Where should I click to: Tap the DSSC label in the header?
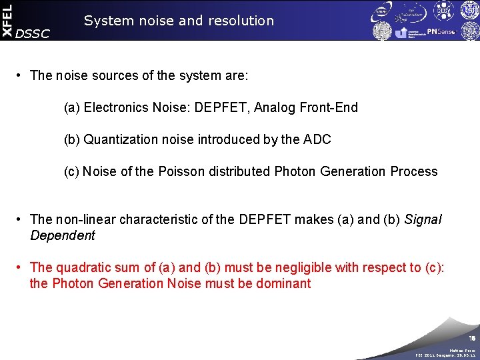coord(32,34)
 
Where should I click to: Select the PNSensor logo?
coord(441,31)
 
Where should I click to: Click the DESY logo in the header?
coord(461,10)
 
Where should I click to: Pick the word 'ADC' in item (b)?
coord(317,139)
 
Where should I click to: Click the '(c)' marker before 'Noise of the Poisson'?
coord(71,171)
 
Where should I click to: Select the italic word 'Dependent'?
coord(63,235)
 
